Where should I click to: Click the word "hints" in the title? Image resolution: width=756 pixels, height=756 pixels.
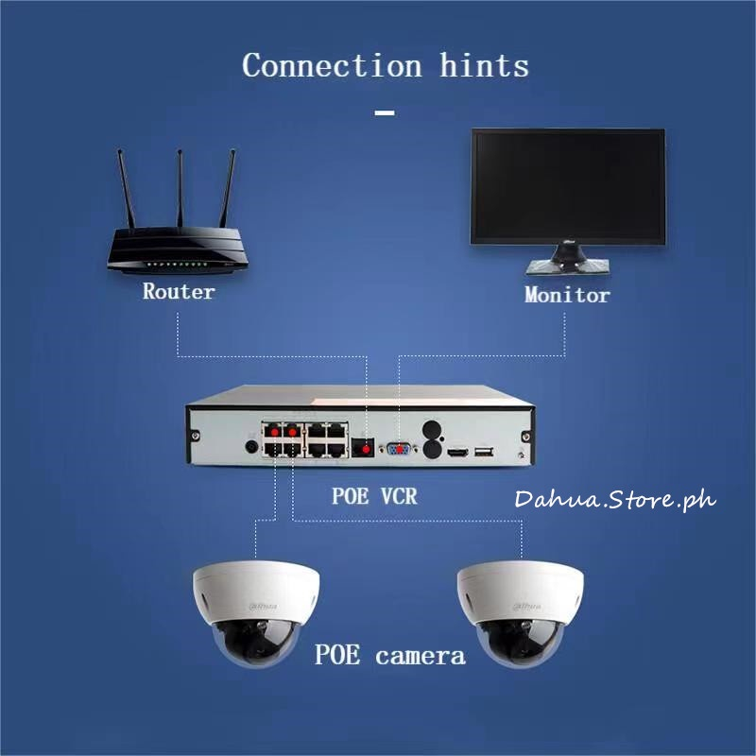pyautogui.click(x=483, y=66)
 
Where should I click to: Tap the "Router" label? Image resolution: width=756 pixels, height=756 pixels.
pyautogui.click(x=179, y=292)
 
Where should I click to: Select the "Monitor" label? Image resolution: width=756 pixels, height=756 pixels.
pyautogui.click(x=567, y=295)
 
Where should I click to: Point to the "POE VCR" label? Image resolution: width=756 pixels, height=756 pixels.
pyautogui.click(x=374, y=495)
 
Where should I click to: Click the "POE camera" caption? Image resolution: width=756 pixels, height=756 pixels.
pyautogui.click(x=389, y=655)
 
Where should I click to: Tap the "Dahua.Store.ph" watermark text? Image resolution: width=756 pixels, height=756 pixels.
pyautogui.click(x=615, y=499)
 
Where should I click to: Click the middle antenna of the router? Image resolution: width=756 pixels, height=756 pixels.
pyautogui.click(x=179, y=189)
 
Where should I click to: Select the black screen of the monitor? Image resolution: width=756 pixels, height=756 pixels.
pyautogui.click(x=568, y=183)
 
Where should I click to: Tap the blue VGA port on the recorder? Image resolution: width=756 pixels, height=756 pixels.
pyautogui.click(x=397, y=449)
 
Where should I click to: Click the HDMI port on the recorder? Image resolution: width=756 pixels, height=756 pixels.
pyautogui.click(x=457, y=453)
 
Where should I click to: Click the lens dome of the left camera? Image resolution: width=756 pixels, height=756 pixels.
pyautogui.click(x=254, y=644)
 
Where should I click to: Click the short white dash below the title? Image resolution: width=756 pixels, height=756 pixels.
pyautogui.click(x=385, y=113)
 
